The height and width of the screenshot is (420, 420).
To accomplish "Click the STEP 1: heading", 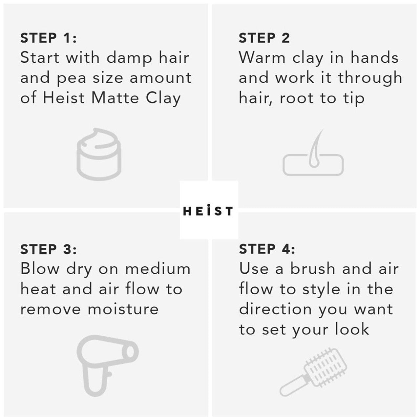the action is point(48,38).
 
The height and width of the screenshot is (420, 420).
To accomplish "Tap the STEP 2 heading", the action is point(264,38).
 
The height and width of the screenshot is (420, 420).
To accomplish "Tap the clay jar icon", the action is point(99,154).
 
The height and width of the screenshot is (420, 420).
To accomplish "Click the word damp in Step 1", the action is point(130,58).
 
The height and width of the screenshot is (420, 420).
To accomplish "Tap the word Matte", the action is point(115,98).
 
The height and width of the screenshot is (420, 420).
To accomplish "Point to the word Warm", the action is point(262,58).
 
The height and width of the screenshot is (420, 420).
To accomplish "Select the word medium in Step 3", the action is point(158,269).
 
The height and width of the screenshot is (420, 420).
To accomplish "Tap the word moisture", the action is point(123,309).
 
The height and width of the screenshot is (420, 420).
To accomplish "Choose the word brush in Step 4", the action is point(313,269).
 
